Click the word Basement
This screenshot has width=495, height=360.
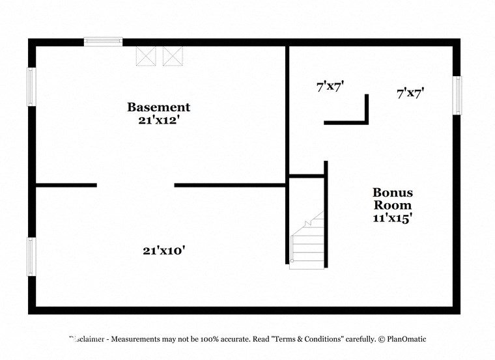158,107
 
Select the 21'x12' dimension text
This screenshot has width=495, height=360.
158,120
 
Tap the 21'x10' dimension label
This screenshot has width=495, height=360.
169,250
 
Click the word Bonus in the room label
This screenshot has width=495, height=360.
392,193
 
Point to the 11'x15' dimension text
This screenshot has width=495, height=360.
392,219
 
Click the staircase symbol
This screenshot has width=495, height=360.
307,242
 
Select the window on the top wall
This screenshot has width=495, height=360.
103,42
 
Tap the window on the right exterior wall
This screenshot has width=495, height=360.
457,96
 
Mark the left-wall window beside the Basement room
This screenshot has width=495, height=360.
31,87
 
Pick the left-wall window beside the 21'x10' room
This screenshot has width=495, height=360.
31,256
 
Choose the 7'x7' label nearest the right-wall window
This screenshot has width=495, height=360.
410,93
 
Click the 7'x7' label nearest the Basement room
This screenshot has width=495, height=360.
330,85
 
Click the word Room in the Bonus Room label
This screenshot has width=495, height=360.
392,206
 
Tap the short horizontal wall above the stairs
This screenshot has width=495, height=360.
307,175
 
